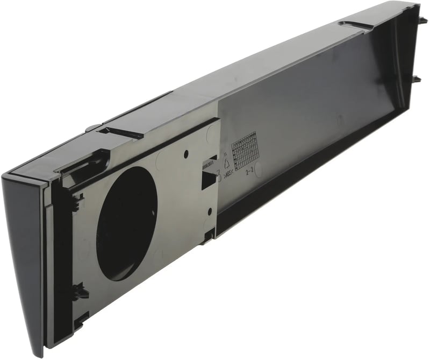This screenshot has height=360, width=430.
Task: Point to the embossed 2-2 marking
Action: [248, 173]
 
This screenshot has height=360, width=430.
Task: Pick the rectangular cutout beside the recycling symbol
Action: [207, 180]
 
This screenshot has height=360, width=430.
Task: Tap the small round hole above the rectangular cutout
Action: [186, 154]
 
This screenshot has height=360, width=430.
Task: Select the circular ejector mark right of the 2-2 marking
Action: [260, 170]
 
